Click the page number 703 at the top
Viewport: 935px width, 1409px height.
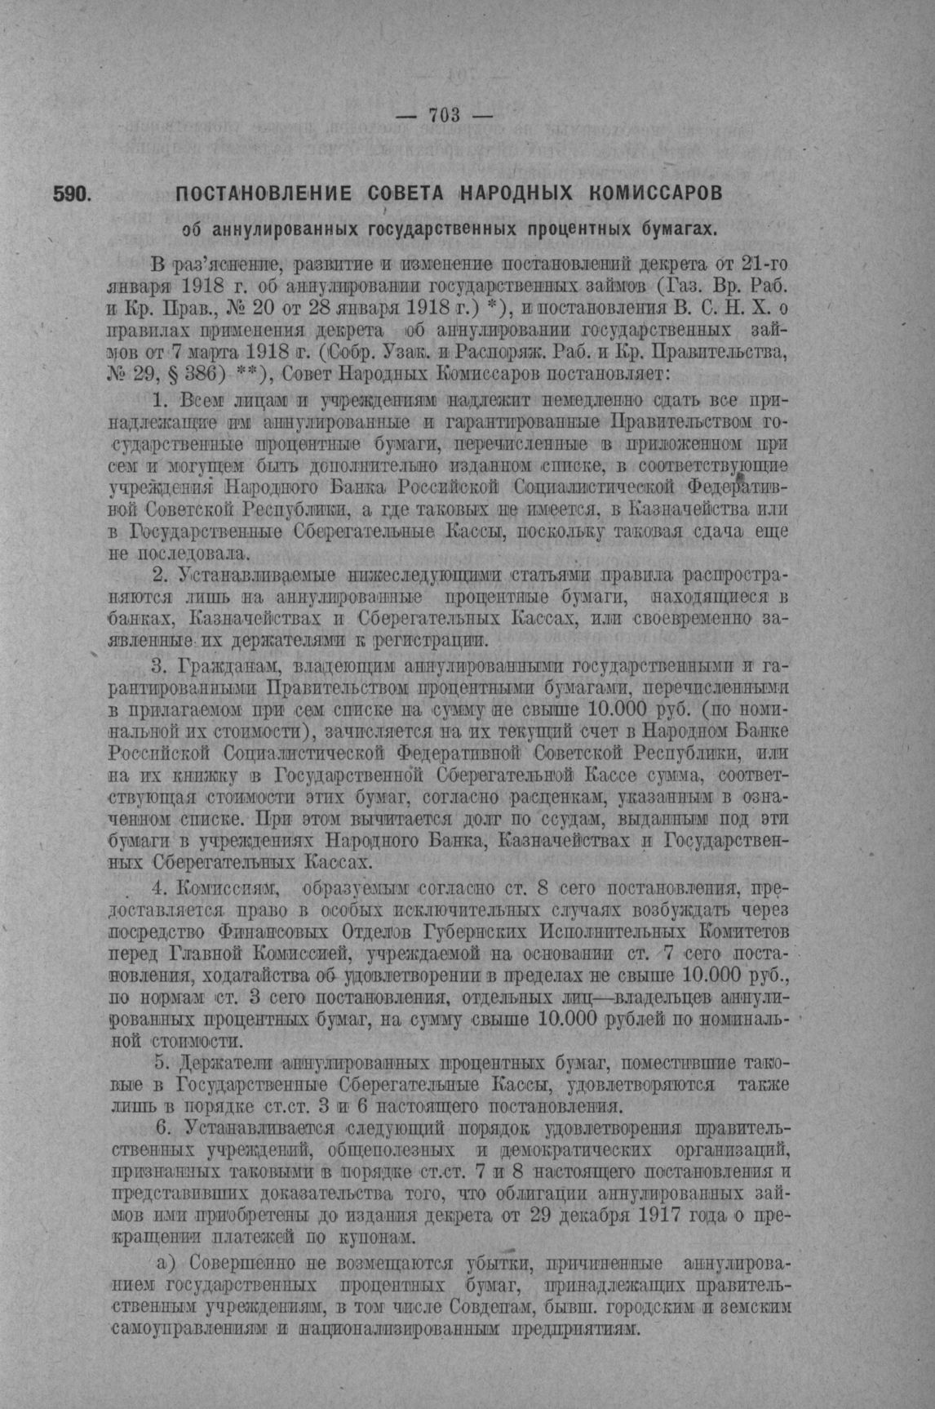pos(445,115)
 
